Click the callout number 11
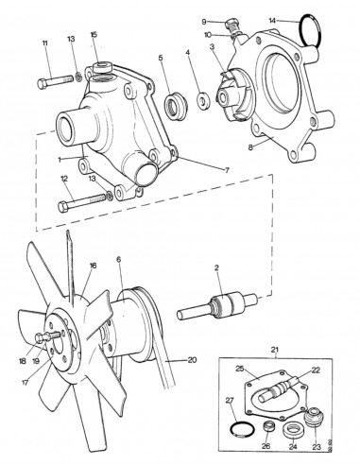(x=44, y=43)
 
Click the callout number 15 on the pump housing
(x=94, y=35)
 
